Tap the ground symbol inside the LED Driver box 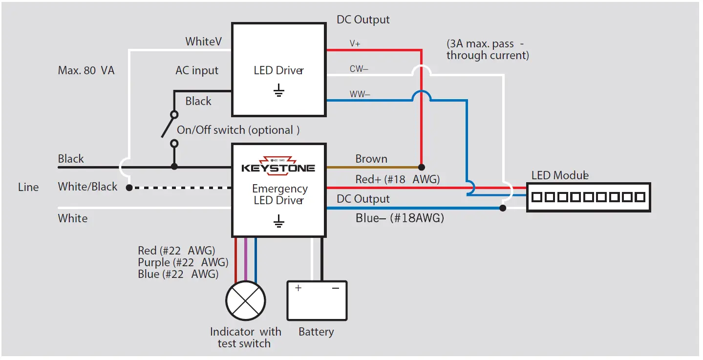(278, 90)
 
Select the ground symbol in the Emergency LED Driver (278, 223)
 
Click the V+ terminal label (355, 43)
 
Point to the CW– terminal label (359, 69)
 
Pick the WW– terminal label (360, 94)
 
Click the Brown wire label (371, 159)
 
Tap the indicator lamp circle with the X (245, 301)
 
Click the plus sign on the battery (298, 288)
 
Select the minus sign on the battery (336, 288)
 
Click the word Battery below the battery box (316, 332)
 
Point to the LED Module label (560, 175)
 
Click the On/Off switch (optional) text (238, 130)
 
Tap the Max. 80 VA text (86, 70)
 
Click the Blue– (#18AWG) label (400, 218)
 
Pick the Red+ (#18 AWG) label (397, 179)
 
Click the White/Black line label (87, 187)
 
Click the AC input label (197, 70)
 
